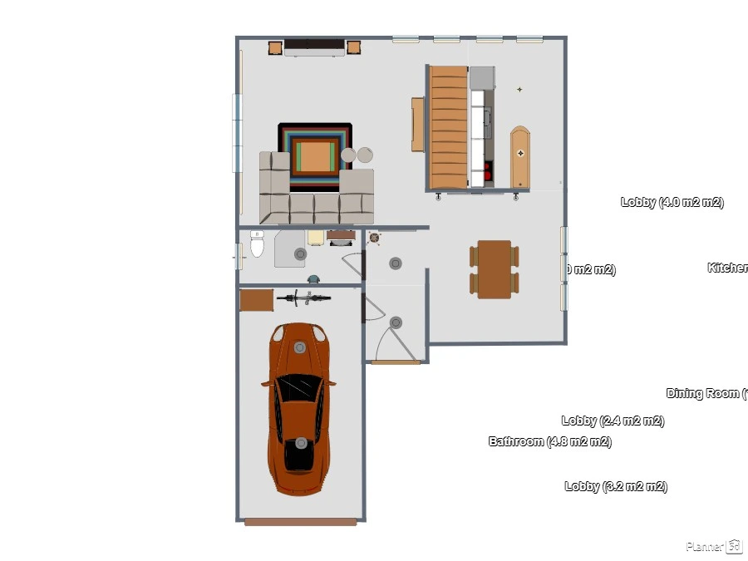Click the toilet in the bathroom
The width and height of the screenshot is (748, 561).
(257, 245)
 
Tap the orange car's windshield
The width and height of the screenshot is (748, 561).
(298, 387)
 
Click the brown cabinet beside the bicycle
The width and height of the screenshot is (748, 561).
(256, 299)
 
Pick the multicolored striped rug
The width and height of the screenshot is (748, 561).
(315, 155)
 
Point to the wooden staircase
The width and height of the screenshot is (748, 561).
(449, 127)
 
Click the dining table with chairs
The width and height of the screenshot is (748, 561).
(494, 268)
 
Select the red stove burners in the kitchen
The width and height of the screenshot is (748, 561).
(488, 172)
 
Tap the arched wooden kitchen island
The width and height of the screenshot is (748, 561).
(519, 156)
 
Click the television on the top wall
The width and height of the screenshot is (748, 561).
(314, 47)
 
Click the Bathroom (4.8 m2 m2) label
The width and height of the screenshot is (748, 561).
(549, 441)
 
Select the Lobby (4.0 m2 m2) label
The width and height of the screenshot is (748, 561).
(672, 202)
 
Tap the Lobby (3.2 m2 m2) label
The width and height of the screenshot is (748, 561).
(615, 486)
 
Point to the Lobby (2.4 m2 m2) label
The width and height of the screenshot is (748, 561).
(613, 421)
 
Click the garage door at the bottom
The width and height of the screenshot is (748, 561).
(300, 522)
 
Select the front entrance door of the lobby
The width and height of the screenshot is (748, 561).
(395, 362)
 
